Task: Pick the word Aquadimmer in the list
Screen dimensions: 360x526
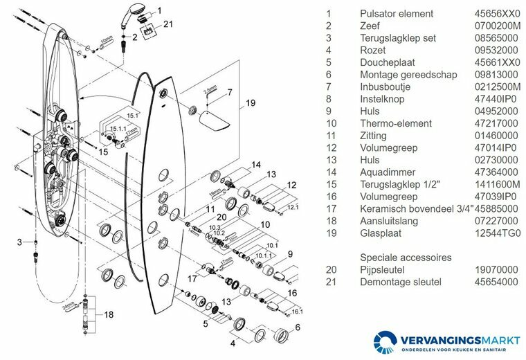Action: (386, 172)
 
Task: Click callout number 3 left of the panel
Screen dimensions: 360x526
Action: (21, 241)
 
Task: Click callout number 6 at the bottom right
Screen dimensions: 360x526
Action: (298, 327)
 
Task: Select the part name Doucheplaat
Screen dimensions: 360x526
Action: (385, 62)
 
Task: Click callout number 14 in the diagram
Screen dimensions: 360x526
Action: (255, 164)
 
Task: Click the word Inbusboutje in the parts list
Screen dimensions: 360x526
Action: (385, 87)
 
